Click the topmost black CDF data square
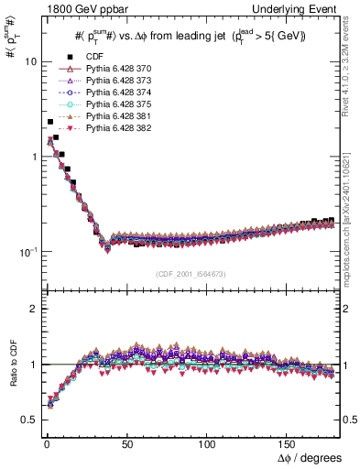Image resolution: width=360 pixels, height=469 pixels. click(x=49, y=122)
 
